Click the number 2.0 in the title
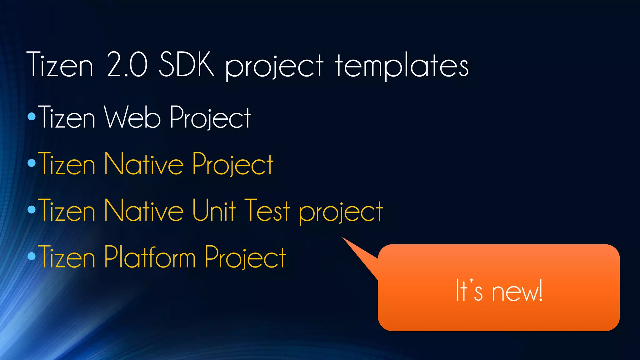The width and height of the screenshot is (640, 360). tap(127, 65)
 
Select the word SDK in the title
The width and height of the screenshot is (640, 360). tap(187, 65)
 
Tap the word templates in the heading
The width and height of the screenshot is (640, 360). tap(402, 66)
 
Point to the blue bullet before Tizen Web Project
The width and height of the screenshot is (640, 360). tap(32, 117)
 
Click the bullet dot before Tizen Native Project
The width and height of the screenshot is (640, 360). tap(32, 163)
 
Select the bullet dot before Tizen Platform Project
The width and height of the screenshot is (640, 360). tap(32, 256)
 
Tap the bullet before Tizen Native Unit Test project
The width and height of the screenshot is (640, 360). tap(32, 209)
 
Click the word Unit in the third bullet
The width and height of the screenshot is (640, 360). tap(213, 210)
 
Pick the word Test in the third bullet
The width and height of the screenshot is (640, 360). tap(267, 210)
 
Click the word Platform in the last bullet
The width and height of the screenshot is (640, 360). tap(150, 257)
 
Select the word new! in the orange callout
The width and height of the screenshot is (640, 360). tap(517, 291)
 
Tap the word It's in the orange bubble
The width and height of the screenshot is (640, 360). tap(469, 291)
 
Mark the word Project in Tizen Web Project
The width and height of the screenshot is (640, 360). tap(211, 118)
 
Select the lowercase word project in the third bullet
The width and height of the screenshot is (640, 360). tap(341, 212)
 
